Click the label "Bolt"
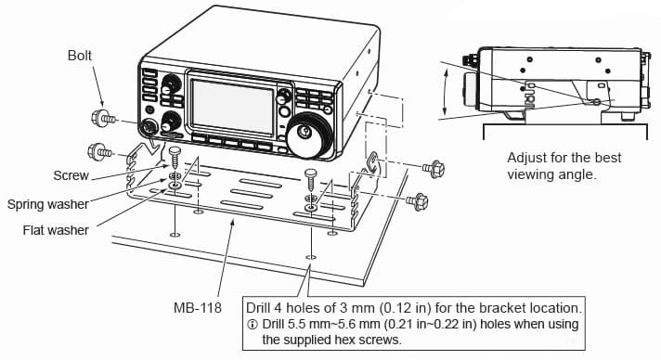coord(79,56)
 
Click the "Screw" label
coord(71,175)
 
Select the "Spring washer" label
coord(47,204)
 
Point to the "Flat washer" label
coord(56,230)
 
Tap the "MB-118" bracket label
coord(198,307)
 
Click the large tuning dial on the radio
coord(308,134)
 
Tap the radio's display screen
coord(232,106)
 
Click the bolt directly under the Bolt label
coord(103,119)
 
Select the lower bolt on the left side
coord(99,152)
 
